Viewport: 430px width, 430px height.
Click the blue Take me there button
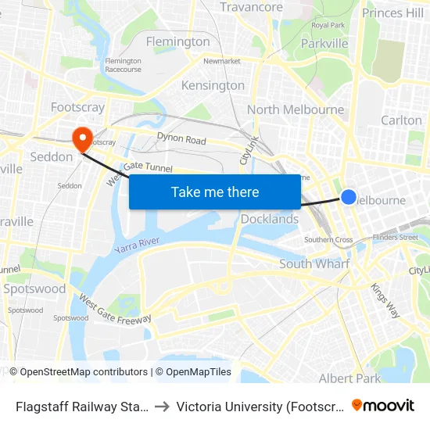215,192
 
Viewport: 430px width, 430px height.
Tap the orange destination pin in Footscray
81,138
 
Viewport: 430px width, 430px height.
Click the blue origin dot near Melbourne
349,197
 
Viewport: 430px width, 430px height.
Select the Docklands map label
269,219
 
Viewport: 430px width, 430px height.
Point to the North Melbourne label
296,109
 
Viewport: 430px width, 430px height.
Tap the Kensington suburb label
213,85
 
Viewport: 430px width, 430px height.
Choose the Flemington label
178,41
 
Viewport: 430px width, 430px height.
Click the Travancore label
251,7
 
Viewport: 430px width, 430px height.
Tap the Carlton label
401,120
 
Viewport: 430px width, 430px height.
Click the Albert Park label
349,378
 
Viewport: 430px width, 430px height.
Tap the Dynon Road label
181,140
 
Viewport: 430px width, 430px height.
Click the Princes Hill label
392,13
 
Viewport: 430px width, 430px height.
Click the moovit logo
383,406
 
